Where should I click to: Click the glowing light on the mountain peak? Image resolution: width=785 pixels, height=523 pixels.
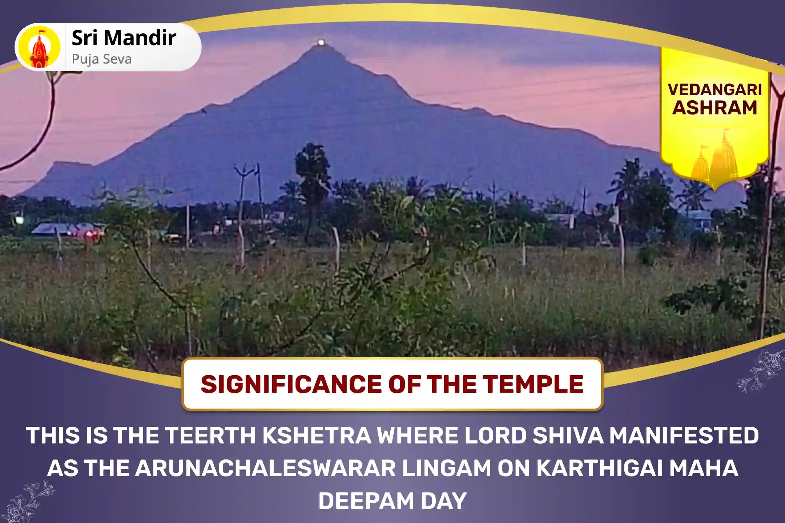point(321,42)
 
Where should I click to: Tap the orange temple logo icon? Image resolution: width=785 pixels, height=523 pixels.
point(40,48)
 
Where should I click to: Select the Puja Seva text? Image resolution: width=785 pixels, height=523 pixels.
point(102,59)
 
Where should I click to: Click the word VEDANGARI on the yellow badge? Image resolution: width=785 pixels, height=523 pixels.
point(715,90)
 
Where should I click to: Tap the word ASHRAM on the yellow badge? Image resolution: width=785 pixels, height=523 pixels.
point(715,108)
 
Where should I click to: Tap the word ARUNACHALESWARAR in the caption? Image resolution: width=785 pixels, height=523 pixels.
point(265,468)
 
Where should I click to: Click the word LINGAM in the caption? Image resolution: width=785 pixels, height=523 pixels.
point(447,468)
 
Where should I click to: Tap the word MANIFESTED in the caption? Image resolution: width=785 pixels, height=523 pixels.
point(684,435)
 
